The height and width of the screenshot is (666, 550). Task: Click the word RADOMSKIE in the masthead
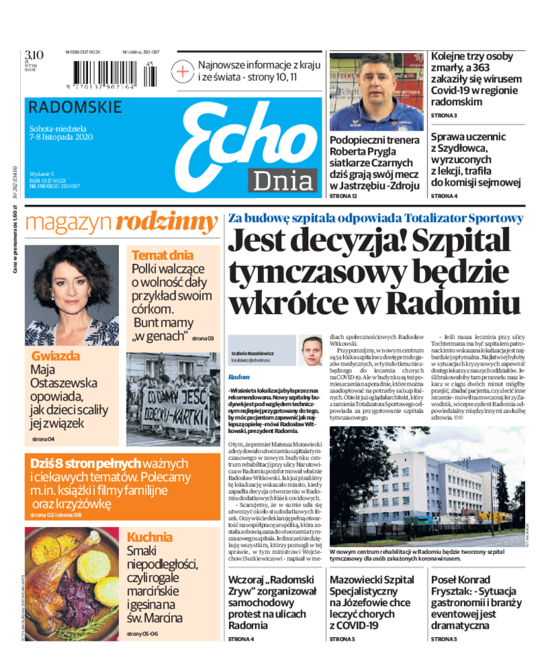(x=76, y=107)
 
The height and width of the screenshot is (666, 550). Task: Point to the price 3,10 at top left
(x=34, y=56)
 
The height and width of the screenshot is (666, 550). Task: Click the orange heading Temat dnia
(x=162, y=255)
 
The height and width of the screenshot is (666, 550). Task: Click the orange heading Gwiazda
(x=56, y=356)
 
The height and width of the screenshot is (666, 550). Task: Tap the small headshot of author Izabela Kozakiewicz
(x=311, y=351)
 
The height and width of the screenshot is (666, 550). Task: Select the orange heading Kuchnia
(x=150, y=537)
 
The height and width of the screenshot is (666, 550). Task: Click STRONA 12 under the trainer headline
(x=344, y=197)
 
